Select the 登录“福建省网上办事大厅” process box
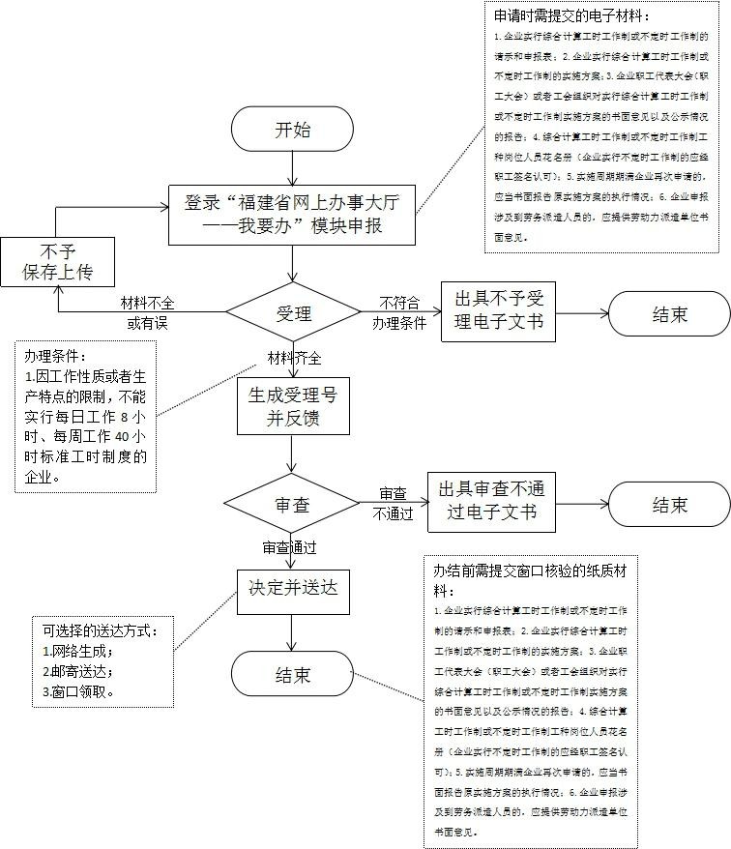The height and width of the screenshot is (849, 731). click(290, 215)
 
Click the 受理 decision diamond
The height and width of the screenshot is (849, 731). click(292, 313)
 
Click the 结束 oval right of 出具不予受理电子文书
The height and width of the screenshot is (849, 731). click(668, 313)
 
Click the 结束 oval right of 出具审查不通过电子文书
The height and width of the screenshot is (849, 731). click(668, 505)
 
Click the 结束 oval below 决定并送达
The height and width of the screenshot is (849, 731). click(292, 674)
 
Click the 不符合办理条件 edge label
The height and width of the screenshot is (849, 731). click(398, 312)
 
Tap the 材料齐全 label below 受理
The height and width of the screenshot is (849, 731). click(295, 358)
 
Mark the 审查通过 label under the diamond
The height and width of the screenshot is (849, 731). click(289, 547)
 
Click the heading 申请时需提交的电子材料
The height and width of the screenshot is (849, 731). click(570, 16)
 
